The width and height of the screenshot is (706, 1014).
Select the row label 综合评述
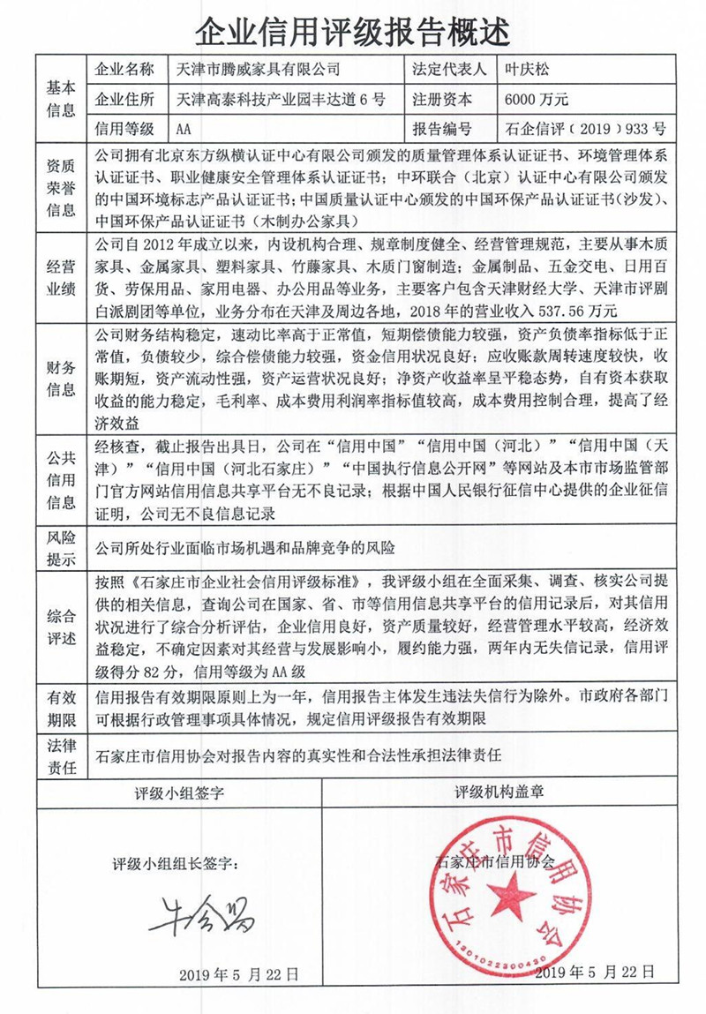[x=61, y=626]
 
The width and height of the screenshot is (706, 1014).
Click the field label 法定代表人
[x=447, y=69]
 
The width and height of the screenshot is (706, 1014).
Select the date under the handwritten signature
[x=238, y=974]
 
